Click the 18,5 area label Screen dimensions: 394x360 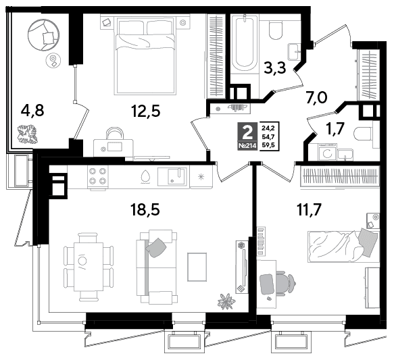tap(145, 209)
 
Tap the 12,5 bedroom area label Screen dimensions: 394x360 tap(145, 111)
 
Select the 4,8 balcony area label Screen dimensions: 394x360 tap(32, 111)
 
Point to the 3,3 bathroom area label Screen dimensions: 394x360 tap(275, 68)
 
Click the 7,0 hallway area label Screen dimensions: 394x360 tap(316, 98)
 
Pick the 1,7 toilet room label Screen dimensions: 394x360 tap(335, 129)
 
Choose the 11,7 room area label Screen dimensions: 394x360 tap(309, 210)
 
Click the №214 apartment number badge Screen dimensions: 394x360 tap(247, 146)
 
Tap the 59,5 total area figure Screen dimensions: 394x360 tap(268, 145)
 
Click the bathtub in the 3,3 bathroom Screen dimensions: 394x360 tap(244, 43)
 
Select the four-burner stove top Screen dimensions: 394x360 tap(98, 176)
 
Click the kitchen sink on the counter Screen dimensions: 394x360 tap(172, 176)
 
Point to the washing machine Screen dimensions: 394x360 tap(327, 153)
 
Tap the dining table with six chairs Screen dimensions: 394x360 tap(89, 267)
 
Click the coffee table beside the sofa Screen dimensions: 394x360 tap(197, 267)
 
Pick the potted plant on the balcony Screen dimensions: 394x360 tap(27, 134)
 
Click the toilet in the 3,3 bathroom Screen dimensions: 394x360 tap(276, 30)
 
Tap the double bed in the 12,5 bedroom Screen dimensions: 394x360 tap(144, 56)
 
